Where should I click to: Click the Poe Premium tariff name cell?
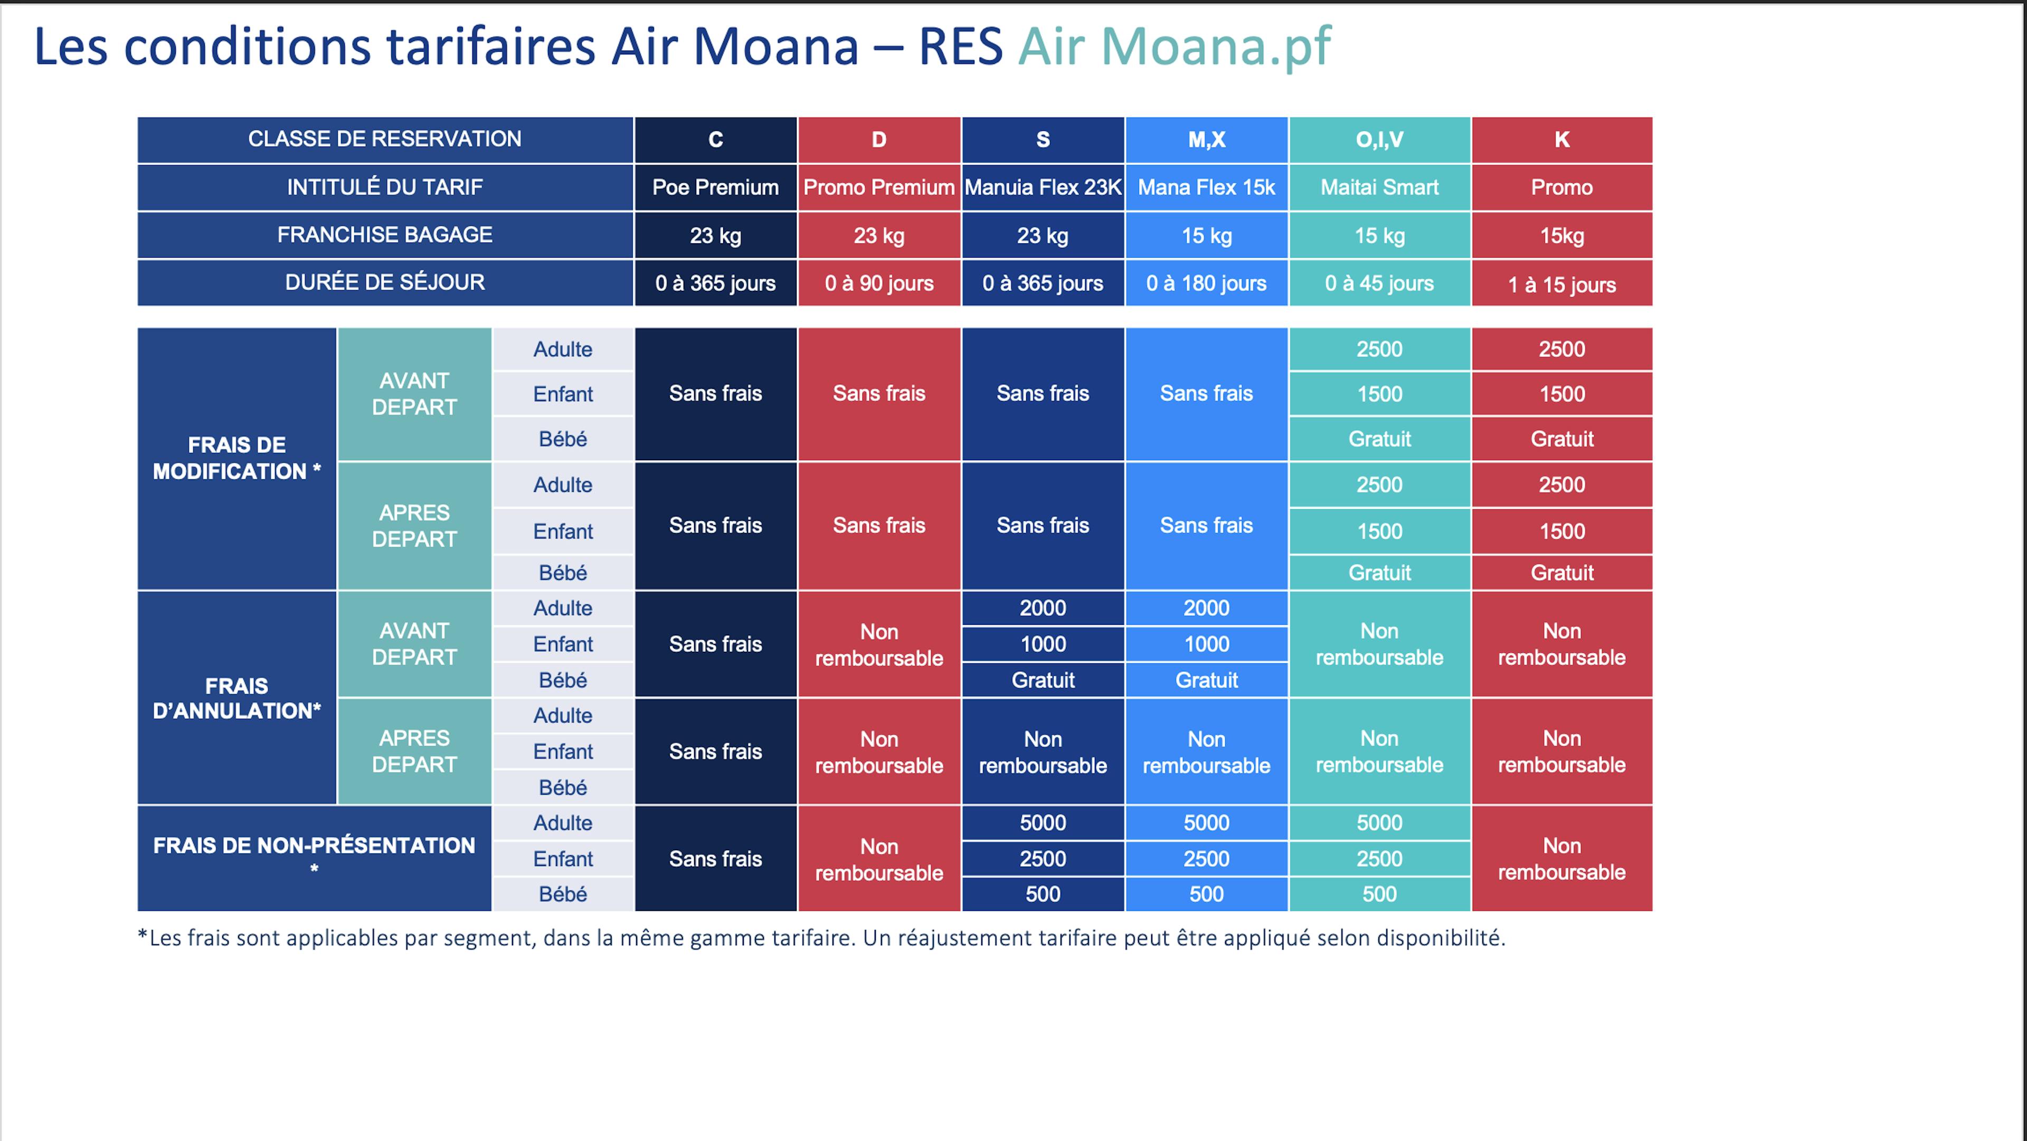coord(715,187)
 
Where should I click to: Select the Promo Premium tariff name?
coord(878,187)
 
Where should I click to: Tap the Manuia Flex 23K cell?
coord(1043,187)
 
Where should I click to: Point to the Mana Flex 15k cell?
coord(1206,187)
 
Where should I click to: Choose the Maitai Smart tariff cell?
coord(1379,187)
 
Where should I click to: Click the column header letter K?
coord(1561,139)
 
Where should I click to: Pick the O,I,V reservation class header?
coord(1379,139)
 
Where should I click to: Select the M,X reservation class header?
coord(1206,139)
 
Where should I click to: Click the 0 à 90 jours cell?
coord(878,283)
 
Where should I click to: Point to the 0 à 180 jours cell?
coord(1206,283)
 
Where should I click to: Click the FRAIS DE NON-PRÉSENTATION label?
coord(314,846)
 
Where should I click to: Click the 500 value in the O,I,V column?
coord(1379,894)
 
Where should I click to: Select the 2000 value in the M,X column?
coord(1206,608)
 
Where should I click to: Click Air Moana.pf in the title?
coord(1173,46)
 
